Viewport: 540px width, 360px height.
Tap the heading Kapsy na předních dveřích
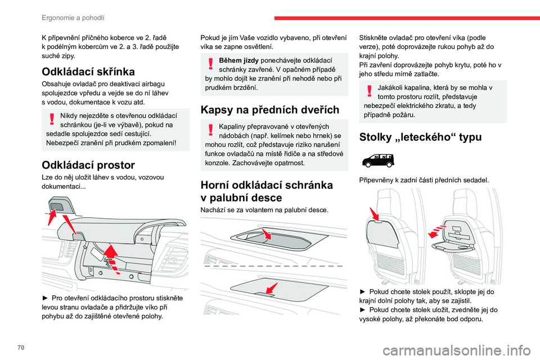[x=269, y=110]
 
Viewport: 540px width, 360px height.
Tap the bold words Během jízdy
[x=239, y=60]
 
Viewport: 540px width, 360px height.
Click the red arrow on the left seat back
[x=374, y=215]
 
